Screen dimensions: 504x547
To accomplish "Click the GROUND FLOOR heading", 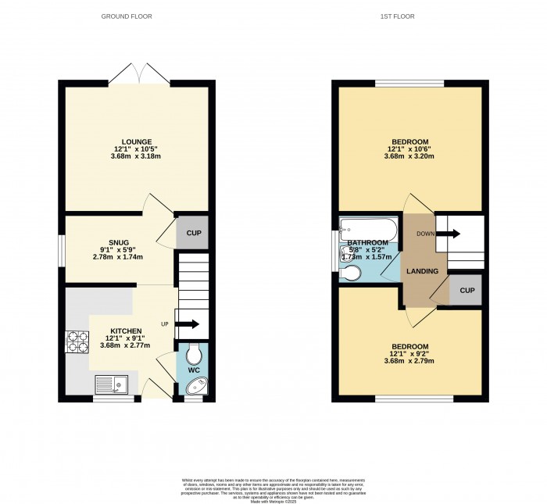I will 127,16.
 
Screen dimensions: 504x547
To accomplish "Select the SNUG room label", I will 119,242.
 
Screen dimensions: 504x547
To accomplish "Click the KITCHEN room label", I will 126,331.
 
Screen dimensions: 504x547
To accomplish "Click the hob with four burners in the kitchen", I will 77,341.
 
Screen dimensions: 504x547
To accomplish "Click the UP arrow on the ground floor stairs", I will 188,323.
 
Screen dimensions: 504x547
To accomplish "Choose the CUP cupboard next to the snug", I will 191,233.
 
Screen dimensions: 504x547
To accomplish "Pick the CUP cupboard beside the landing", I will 467,290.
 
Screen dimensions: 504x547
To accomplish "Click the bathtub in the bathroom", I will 368,230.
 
